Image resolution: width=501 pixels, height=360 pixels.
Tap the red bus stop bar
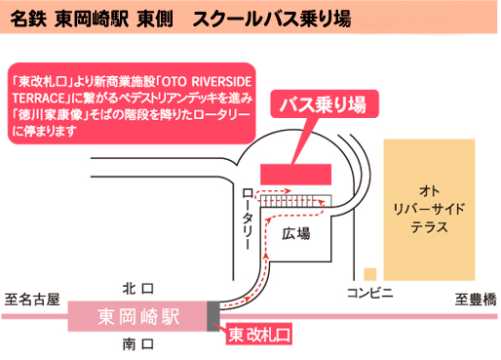point(296,172)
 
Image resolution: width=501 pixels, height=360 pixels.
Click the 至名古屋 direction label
point(31,298)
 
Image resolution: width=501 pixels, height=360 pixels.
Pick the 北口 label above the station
point(138,289)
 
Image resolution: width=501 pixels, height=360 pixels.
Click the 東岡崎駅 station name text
point(138,316)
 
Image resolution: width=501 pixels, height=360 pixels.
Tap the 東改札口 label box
point(259,335)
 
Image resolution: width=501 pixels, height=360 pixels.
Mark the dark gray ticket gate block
point(213,316)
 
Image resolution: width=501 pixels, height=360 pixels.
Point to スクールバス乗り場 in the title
point(273,19)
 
